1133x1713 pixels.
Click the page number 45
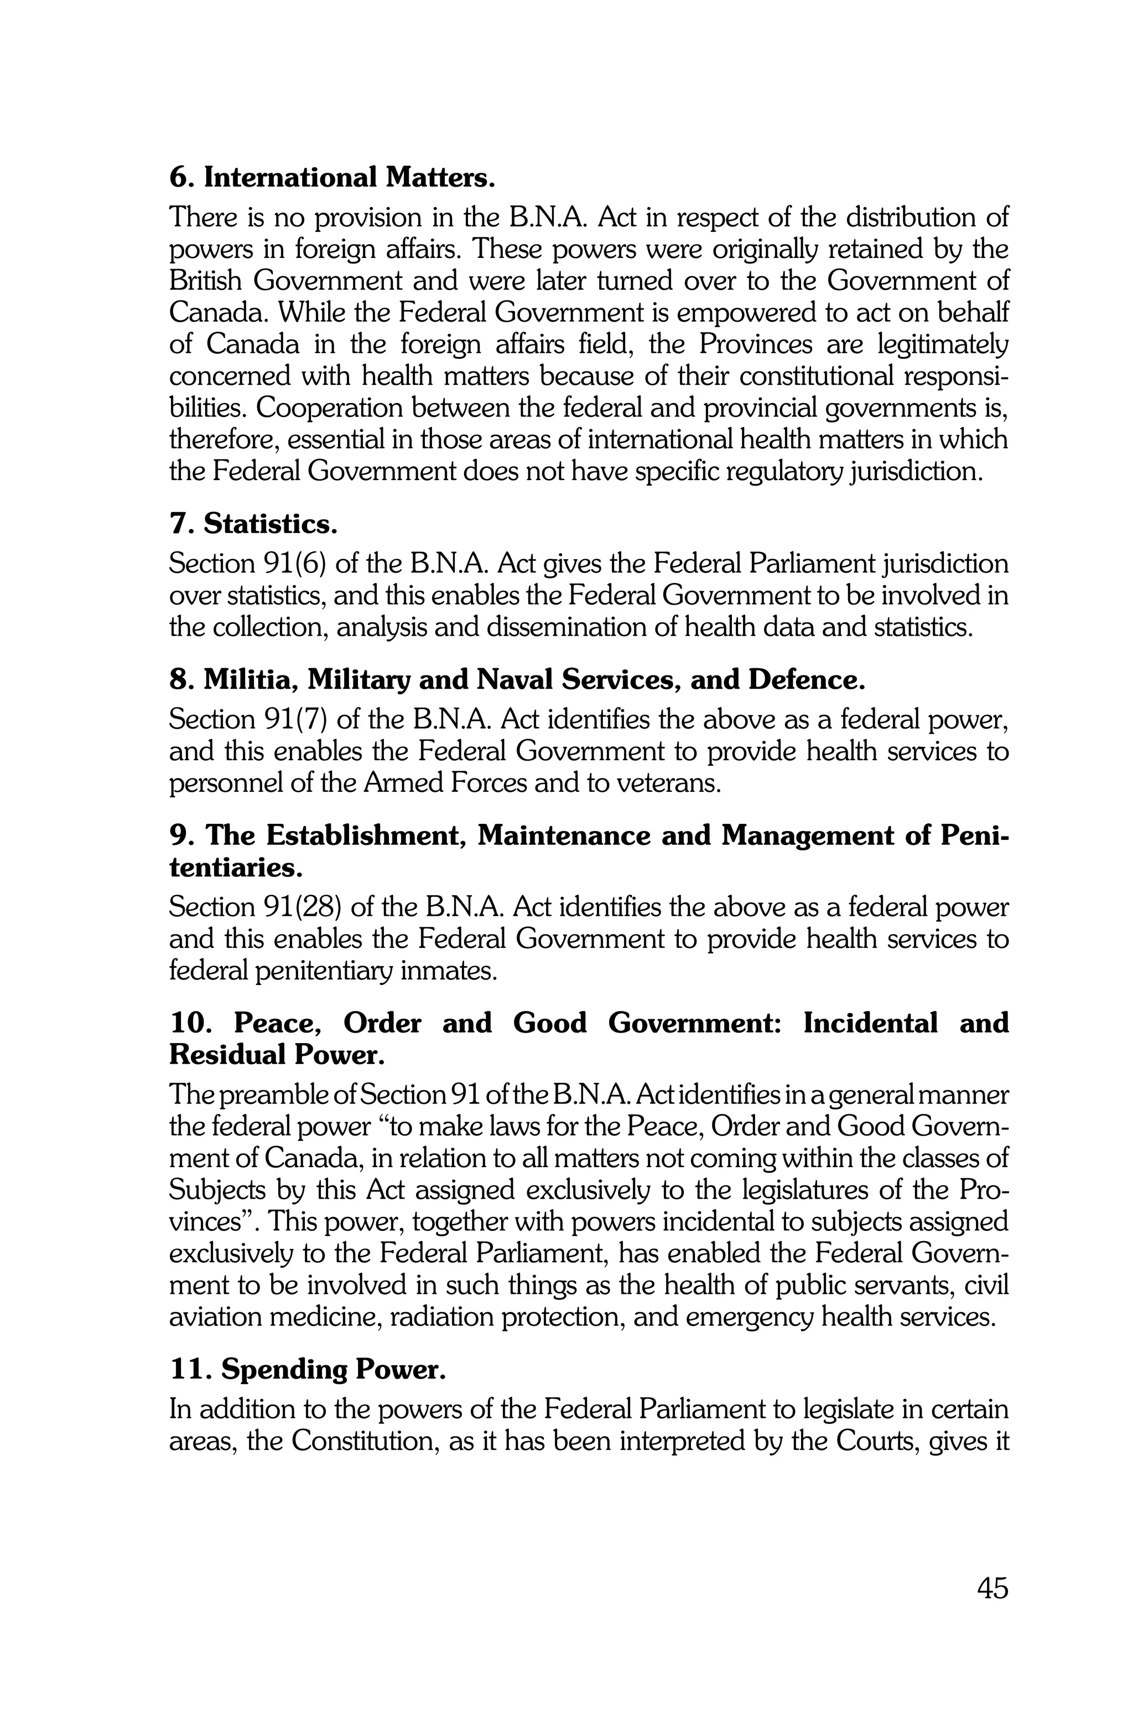992,1588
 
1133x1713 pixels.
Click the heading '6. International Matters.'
332,177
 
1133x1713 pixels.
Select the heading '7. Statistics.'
253,524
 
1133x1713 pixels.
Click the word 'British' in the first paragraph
205,281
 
